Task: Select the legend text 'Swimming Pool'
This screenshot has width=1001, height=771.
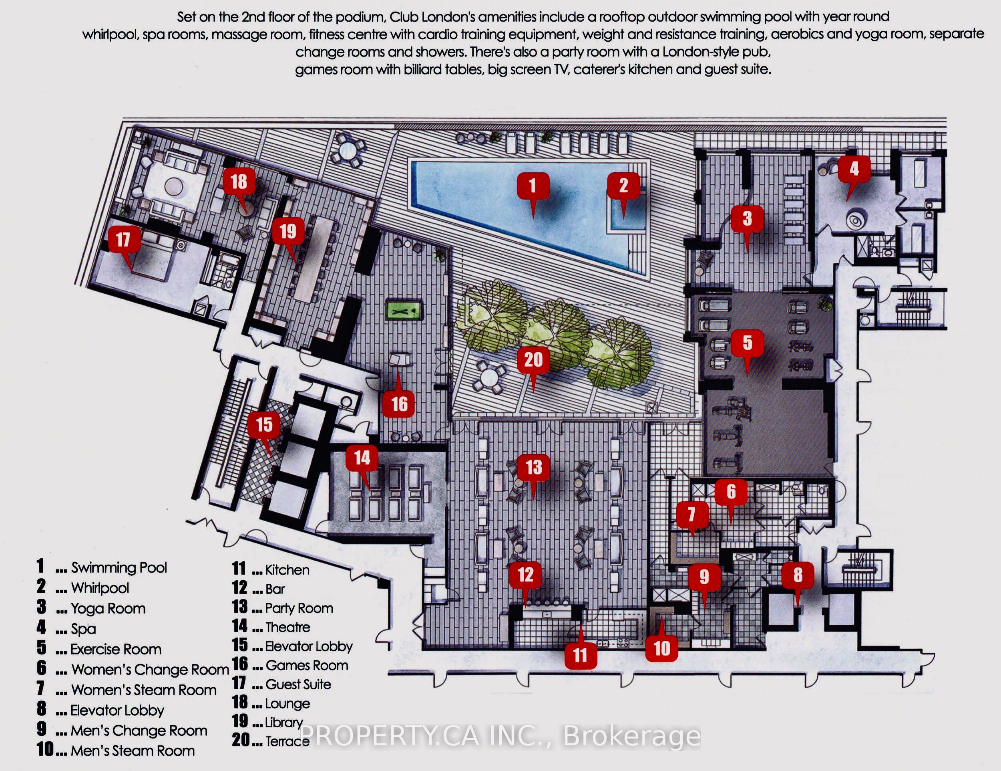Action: coord(119,567)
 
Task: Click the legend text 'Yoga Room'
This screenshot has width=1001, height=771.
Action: coord(108,608)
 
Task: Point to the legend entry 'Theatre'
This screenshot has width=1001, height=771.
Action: coord(288,627)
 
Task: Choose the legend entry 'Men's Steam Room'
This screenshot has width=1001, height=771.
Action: coord(133,751)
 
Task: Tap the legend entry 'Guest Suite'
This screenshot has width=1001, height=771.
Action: coord(298,684)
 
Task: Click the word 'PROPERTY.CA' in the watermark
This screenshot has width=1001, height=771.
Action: coord(390,736)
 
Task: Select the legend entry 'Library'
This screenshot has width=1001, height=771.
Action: coord(284,723)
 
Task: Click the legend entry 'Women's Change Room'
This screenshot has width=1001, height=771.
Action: coord(150,670)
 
